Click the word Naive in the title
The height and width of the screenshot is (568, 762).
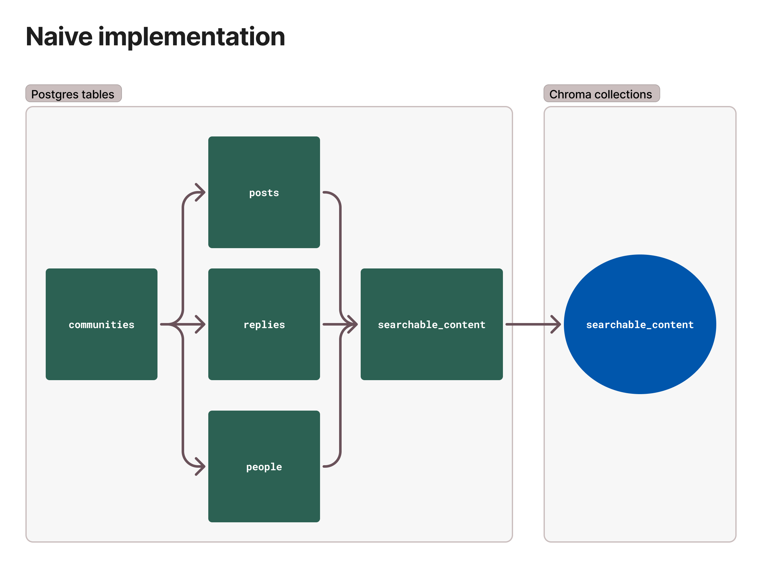click(59, 36)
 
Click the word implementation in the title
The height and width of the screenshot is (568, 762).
click(192, 36)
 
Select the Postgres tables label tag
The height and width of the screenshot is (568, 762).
click(73, 94)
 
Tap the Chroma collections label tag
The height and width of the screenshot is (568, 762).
click(601, 94)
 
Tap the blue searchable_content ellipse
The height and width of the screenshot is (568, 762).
click(640, 358)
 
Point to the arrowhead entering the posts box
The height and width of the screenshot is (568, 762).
click(201, 192)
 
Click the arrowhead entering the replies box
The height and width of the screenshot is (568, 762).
click(201, 324)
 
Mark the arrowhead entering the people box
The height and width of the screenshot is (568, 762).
click(201, 466)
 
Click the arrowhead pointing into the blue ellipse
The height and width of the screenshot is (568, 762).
click(556, 324)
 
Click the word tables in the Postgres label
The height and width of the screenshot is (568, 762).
click(98, 94)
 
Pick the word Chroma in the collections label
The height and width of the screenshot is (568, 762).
click(570, 94)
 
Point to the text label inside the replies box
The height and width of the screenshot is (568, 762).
click(264, 325)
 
